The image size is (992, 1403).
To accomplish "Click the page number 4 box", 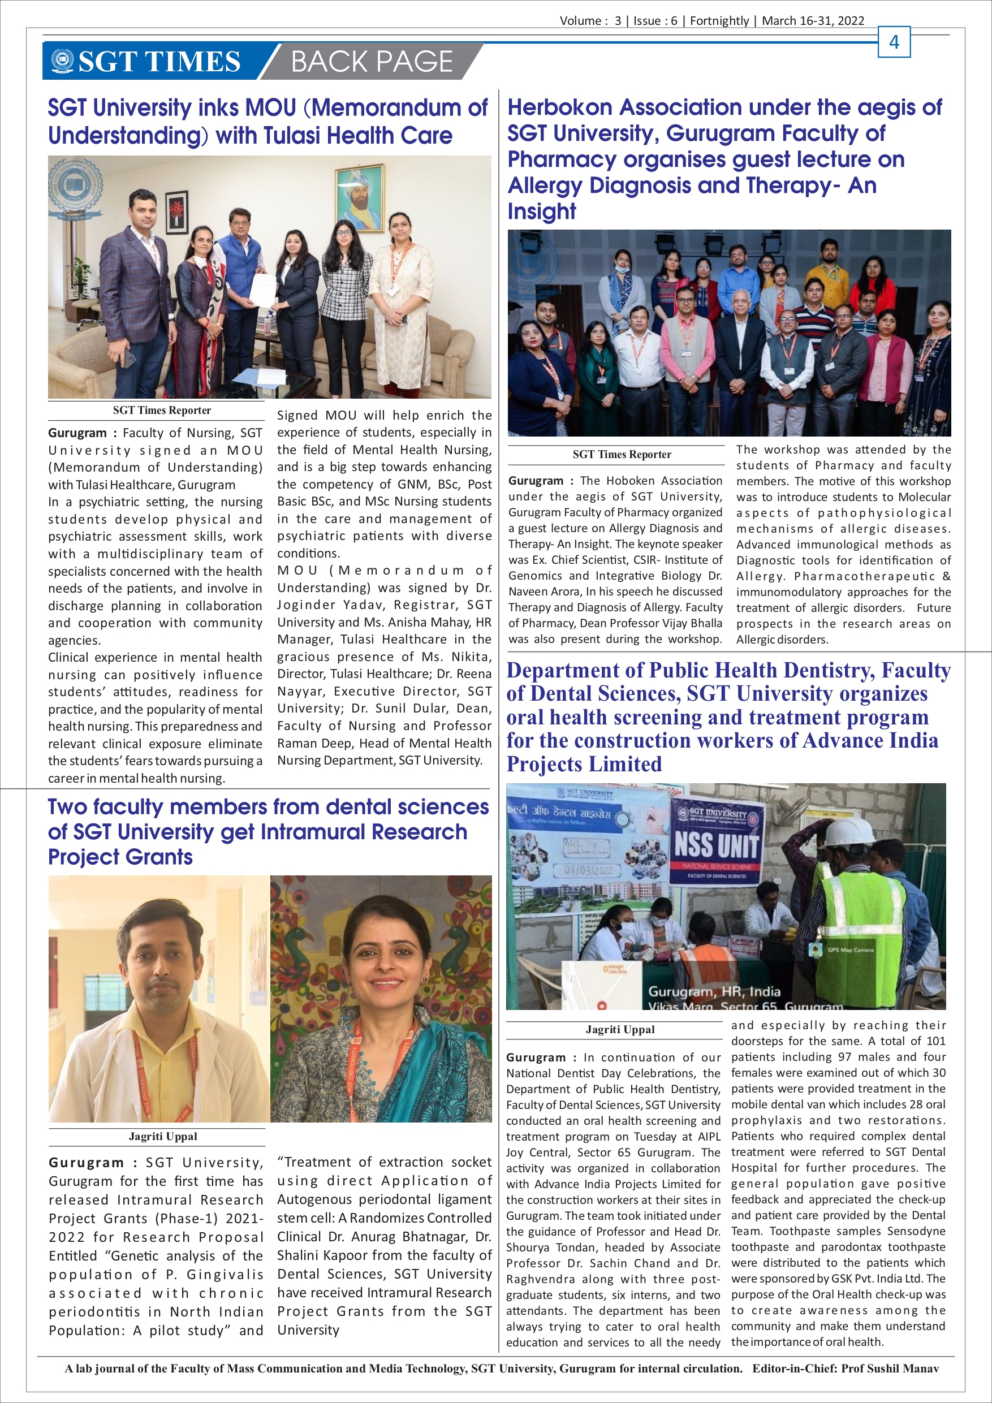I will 894,42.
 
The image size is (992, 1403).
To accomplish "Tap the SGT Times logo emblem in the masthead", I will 62,61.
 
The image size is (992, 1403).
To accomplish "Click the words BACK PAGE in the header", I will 372,62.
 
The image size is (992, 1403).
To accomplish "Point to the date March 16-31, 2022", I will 813,21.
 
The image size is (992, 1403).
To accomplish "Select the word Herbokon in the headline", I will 560,107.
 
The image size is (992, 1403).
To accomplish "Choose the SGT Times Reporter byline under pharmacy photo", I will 622,454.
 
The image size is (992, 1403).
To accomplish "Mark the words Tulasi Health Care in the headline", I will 363,136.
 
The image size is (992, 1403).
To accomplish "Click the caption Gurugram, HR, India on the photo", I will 714,991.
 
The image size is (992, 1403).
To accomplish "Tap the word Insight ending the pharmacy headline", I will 542,211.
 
